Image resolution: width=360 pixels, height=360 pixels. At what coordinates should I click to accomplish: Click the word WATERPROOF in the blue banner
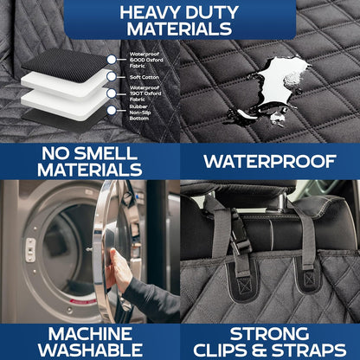coord(270,161)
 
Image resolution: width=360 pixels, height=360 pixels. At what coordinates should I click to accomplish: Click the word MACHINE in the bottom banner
coord(89,333)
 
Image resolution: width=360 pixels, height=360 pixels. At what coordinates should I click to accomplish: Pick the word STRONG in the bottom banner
coord(270,333)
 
